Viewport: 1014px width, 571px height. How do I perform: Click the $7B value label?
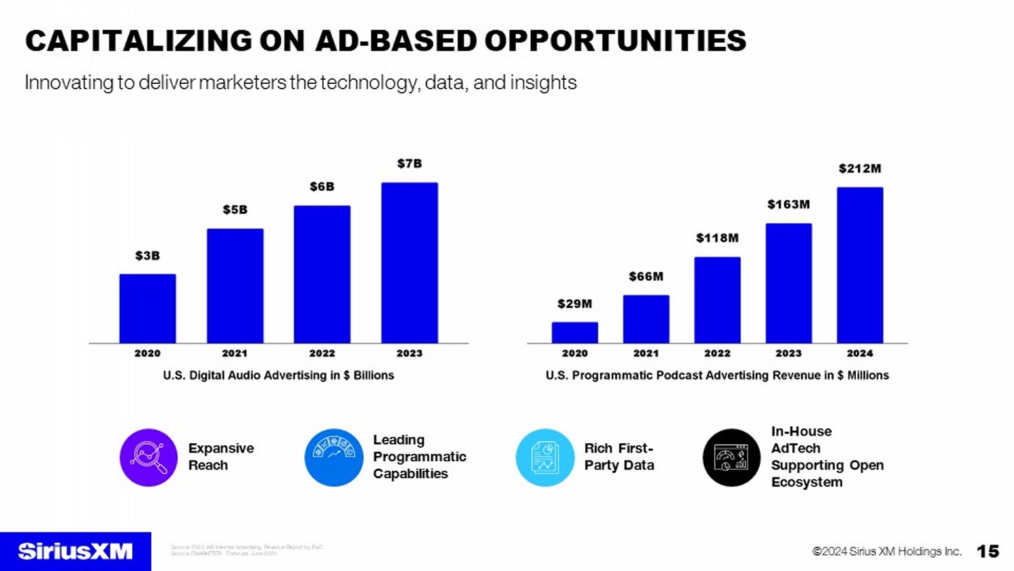409,164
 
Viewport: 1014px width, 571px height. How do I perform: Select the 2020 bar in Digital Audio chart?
147,309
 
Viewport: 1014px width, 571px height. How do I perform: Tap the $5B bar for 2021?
235,285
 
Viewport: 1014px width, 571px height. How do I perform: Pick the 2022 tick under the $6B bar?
322,353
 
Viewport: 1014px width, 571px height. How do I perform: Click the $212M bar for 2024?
859,265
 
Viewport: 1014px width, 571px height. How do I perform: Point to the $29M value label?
575,304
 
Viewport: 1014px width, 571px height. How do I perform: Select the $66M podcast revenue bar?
646,319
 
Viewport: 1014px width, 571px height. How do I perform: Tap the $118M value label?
717,238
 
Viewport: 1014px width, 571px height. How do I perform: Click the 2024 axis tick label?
859,353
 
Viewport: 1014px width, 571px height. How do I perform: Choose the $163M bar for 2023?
788,283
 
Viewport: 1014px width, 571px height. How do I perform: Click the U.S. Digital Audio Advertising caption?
279,375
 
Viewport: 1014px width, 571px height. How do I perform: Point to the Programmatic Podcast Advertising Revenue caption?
717,375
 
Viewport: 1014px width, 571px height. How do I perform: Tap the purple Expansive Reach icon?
149,457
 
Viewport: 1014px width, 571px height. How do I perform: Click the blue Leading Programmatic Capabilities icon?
334,457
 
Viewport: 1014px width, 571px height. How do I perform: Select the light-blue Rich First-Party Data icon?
545,457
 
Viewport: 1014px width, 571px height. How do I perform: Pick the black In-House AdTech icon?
731,457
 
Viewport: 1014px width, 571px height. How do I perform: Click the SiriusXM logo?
75,551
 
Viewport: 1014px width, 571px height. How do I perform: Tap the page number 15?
988,551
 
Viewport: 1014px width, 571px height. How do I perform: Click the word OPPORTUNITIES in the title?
615,41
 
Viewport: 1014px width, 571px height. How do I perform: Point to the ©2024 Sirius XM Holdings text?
886,551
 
